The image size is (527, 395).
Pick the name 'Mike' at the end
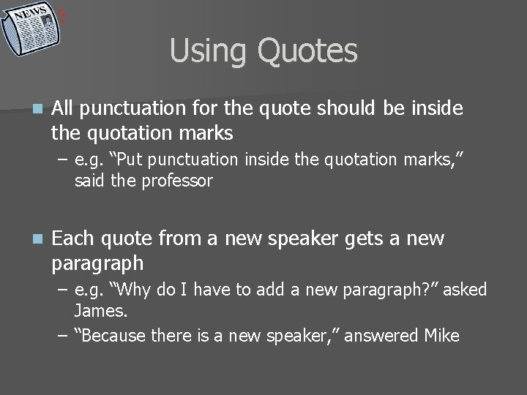pyautogui.click(x=441, y=336)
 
